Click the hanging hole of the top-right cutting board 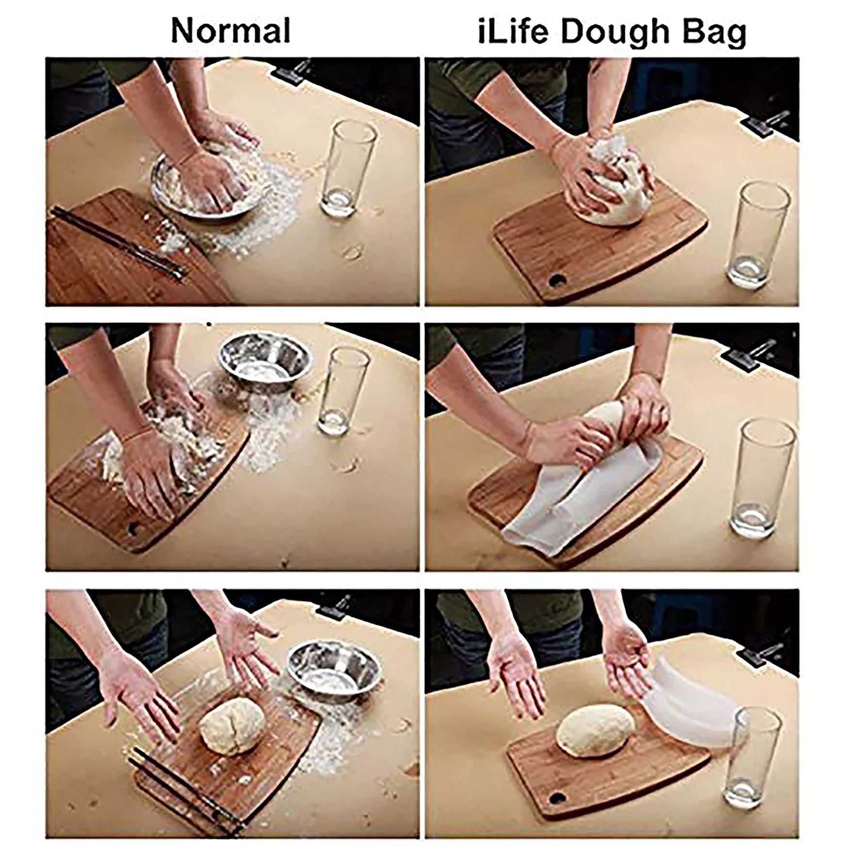(x=557, y=280)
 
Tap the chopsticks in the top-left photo (x=119, y=243)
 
